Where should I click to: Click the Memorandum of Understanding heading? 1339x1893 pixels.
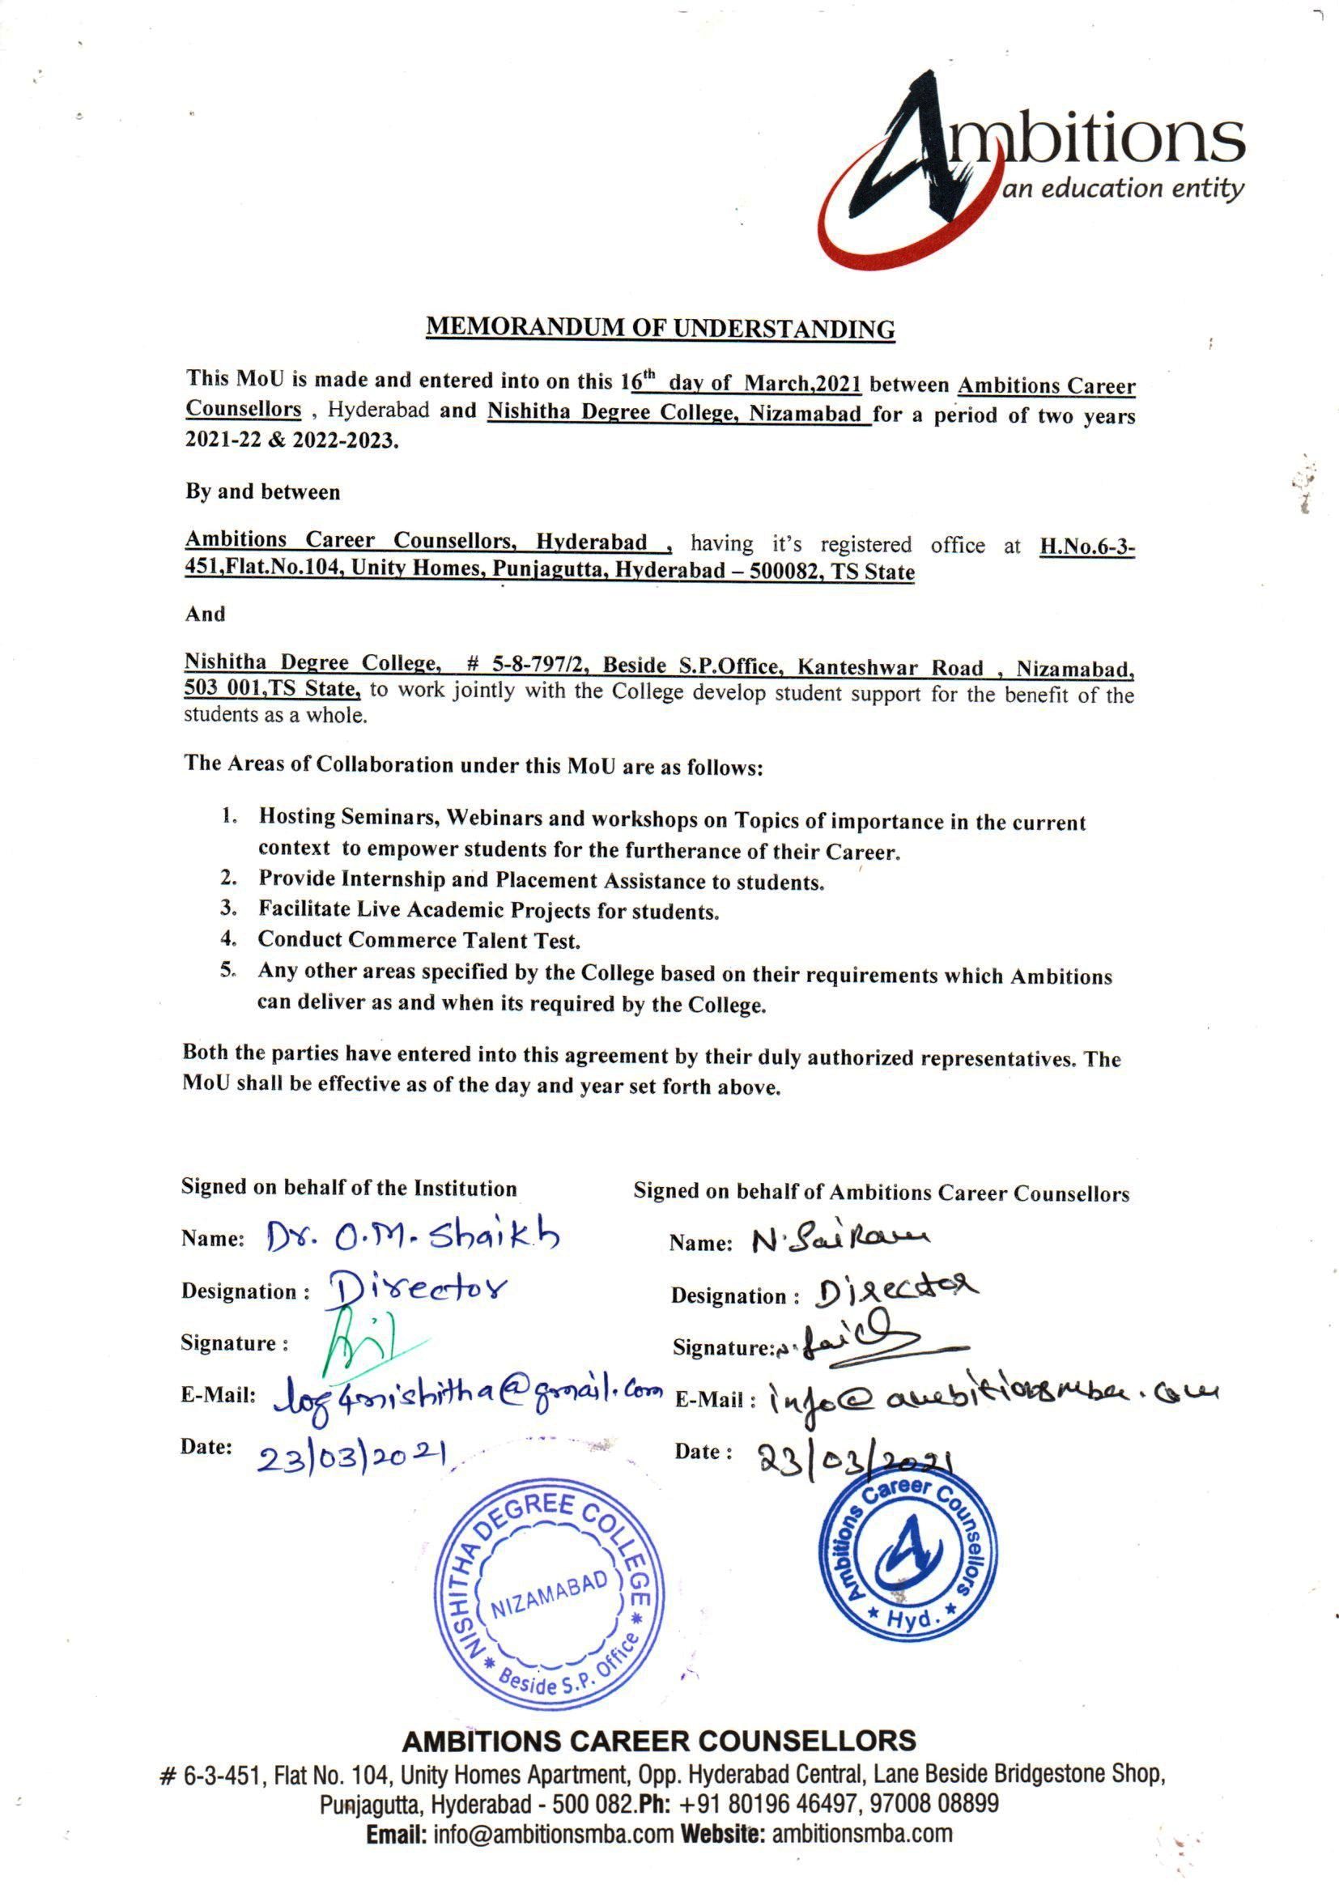[660, 329]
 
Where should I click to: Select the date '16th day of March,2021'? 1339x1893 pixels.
[742, 384]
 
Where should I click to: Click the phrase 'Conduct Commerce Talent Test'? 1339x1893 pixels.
[419, 939]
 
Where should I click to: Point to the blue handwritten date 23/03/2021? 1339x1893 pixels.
[352, 1457]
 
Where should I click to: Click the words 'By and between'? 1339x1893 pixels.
[262, 492]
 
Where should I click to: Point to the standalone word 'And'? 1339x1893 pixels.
[205, 614]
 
